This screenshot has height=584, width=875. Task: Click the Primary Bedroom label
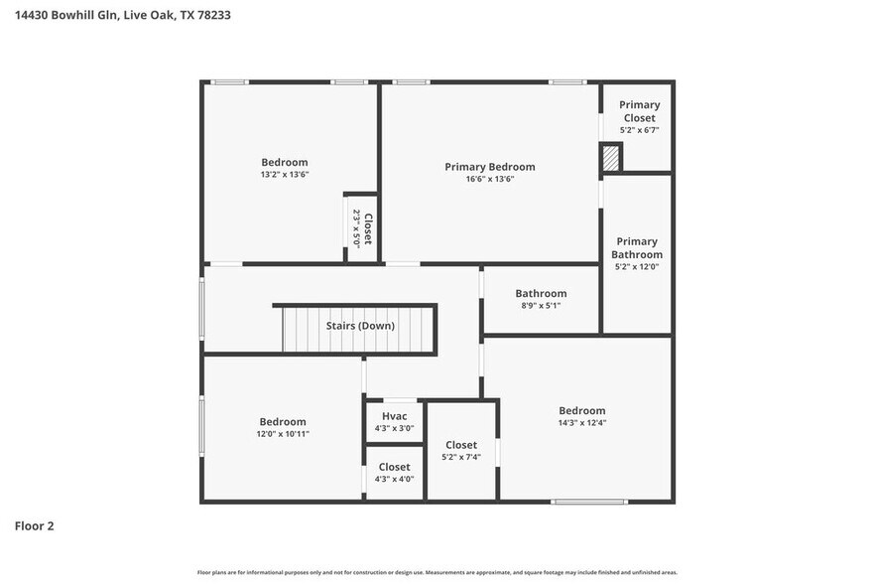point(489,167)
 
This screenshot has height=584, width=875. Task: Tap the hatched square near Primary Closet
point(611,157)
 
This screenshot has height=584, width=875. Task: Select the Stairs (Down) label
point(360,326)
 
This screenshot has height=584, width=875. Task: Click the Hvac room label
point(394,415)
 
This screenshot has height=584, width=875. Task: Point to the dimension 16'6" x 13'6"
point(489,180)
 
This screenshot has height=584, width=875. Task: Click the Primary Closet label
point(639,111)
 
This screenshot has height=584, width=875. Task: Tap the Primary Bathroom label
point(637,248)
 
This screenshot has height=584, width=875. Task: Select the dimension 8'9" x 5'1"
point(541,306)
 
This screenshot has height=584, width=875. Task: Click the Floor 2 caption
point(34,525)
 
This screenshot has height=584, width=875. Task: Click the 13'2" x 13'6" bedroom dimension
point(285,175)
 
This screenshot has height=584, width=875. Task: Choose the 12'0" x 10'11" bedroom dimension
point(283,434)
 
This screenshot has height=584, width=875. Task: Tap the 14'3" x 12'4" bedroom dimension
point(581,423)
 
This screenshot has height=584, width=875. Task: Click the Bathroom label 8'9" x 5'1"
point(541,293)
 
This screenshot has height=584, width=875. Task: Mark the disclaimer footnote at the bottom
point(437,572)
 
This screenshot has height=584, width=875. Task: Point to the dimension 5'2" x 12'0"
point(637,266)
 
